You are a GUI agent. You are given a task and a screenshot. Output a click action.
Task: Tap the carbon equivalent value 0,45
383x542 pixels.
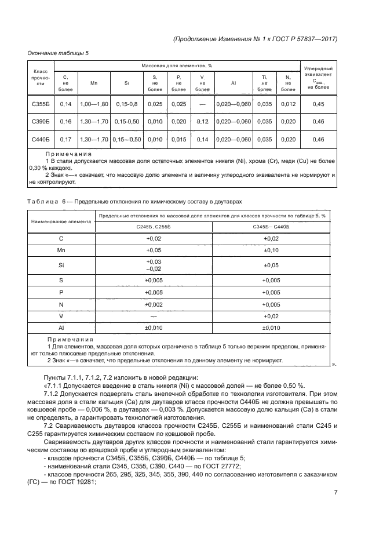(318, 104)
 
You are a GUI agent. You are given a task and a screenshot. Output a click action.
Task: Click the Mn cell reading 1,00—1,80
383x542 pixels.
(94, 104)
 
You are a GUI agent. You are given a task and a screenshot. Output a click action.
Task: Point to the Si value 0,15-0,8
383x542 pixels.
(127, 104)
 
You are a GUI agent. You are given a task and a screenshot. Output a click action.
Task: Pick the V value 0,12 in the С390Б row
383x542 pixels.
(202, 122)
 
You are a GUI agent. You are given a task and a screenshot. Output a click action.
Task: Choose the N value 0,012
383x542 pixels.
(287, 104)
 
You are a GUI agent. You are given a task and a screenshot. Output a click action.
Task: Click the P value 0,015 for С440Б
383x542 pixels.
(179, 140)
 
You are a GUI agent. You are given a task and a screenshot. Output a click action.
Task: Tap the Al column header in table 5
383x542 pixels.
(233, 83)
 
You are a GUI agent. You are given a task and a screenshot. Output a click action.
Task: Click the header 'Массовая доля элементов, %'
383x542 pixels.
(176, 66)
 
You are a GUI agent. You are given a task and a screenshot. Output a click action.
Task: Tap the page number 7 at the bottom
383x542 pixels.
(335, 493)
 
